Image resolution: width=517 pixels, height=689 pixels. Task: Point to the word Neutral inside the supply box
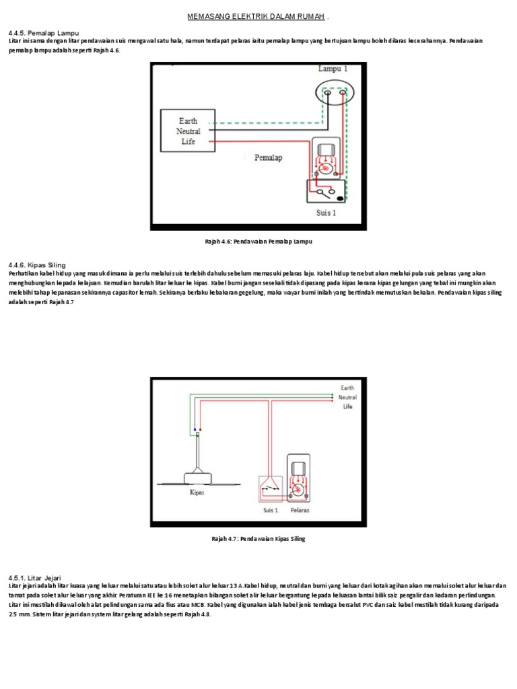(x=188, y=131)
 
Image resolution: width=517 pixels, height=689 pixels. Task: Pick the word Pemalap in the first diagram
(x=269, y=158)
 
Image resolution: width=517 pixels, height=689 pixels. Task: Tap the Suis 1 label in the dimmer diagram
(x=326, y=213)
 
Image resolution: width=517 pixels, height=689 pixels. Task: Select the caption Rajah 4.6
(x=258, y=240)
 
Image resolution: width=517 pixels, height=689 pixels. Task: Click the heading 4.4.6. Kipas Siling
(x=37, y=265)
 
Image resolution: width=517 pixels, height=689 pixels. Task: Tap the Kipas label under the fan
(x=195, y=493)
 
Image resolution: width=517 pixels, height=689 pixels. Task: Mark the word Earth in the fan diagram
(x=347, y=388)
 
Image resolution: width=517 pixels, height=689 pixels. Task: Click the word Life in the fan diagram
(x=347, y=406)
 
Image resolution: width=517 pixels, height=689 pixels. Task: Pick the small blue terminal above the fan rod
(x=195, y=429)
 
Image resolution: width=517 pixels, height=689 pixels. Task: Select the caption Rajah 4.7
(x=258, y=539)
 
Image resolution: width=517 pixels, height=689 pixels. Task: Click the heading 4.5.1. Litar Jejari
(x=36, y=577)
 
